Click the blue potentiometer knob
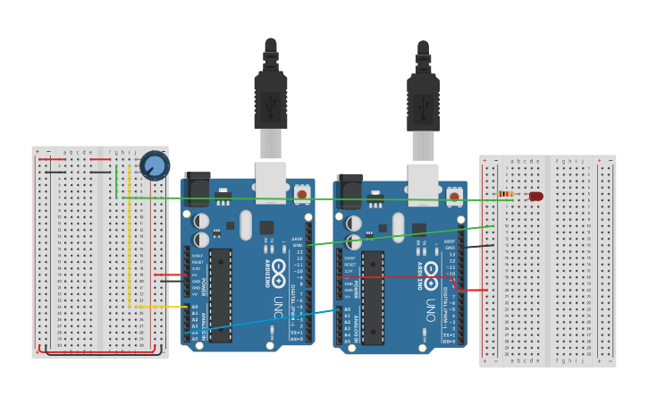(155, 165)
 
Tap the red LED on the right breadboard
(535, 196)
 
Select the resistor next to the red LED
(506, 194)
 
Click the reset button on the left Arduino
(302, 194)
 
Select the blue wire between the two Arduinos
(268, 321)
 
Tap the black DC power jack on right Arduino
(349, 190)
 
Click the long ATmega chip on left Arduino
(220, 295)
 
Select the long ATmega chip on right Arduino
(373, 297)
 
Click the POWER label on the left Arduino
(205, 287)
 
